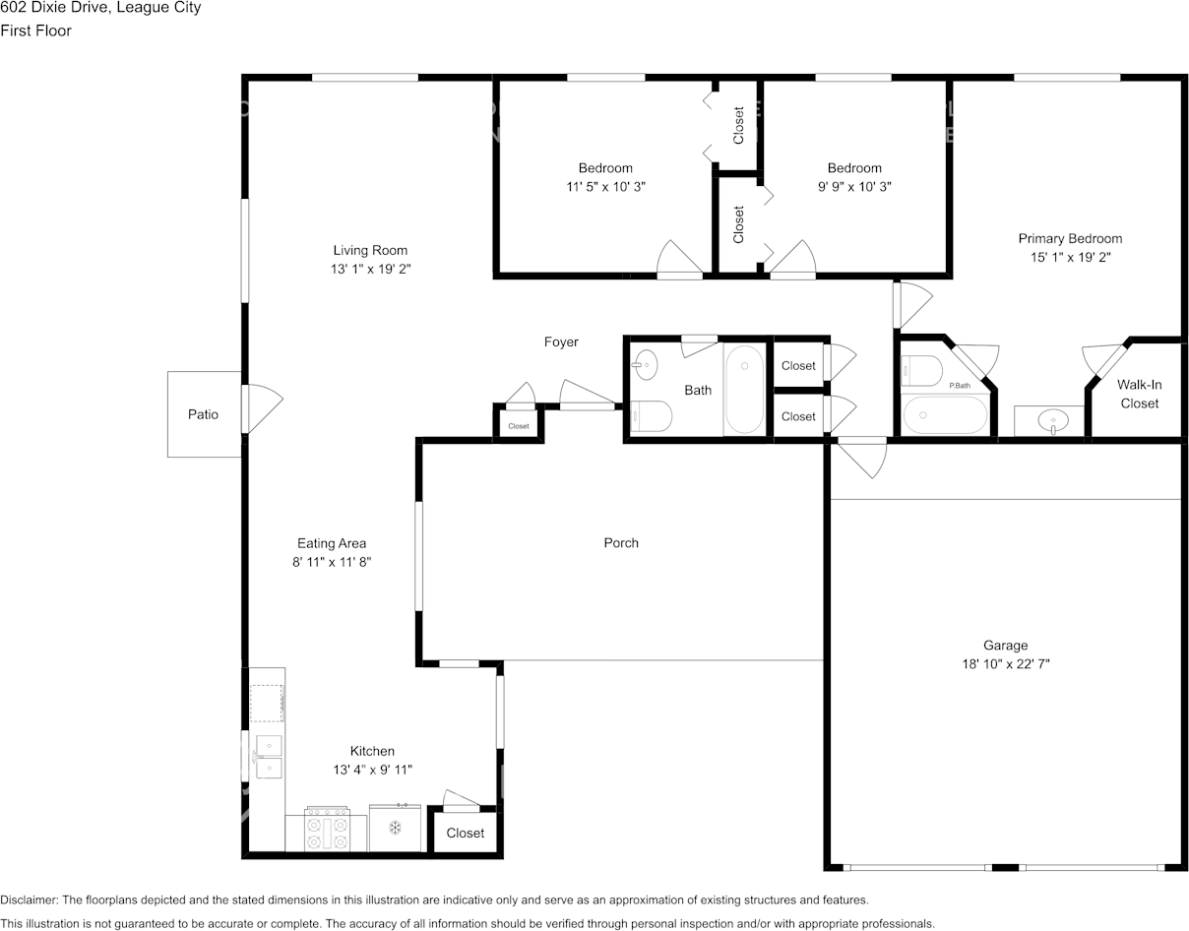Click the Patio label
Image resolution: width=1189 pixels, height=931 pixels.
(x=203, y=414)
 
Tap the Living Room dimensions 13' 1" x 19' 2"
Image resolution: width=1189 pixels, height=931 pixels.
(x=370, y=269)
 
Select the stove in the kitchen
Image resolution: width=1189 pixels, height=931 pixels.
(x=327, y=829)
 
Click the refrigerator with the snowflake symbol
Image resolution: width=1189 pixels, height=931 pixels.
(x=395, y=828)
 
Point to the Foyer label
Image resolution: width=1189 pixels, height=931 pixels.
(x=561, y=341)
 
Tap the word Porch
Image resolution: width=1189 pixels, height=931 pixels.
(x=621, y=542)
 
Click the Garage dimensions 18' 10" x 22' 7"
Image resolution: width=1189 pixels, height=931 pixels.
(x=1006, y=663)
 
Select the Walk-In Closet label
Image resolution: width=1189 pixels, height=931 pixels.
(x=1139, y=394)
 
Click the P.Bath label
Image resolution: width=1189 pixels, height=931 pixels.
(x=960, y=386)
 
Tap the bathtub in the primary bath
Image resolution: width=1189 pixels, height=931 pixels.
(x=945, y=415)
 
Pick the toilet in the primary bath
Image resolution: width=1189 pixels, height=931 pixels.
(x=922, y=371)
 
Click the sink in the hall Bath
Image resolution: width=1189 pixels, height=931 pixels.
(x=645, y=364)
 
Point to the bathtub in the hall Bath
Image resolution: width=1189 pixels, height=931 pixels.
(x=744, y=390)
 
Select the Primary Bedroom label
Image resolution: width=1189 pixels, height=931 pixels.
(x=1070, y=238)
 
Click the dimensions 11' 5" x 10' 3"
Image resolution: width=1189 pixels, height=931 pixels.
(x=605, y=187)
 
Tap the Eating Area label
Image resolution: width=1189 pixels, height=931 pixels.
(x=332, y=543)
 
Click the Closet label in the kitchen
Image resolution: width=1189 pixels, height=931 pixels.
(x=466, y=833)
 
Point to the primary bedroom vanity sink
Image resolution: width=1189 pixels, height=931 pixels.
(x=1053, y=422)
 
